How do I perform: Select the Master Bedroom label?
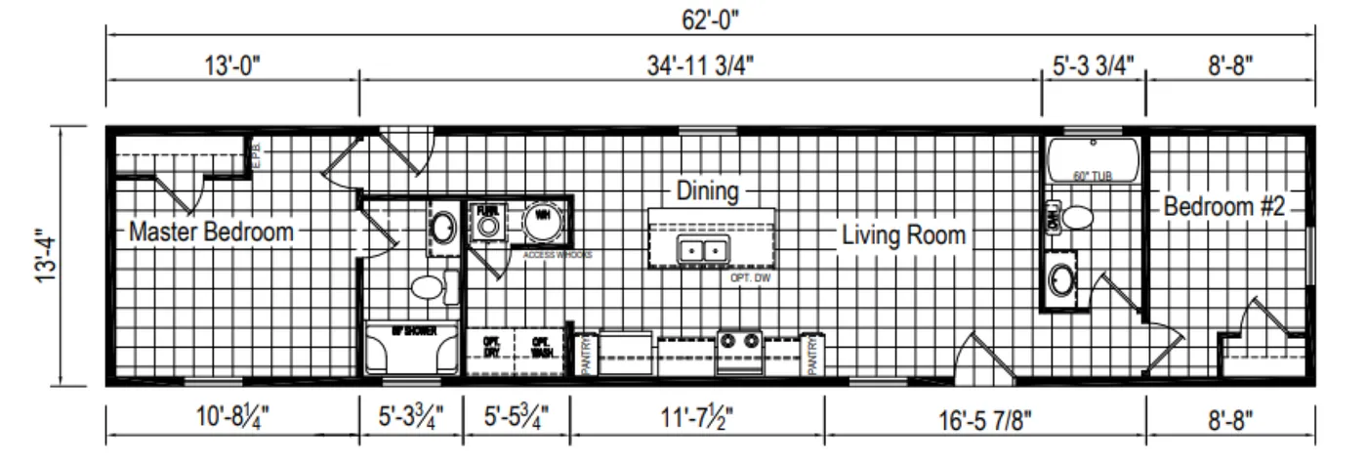click(x=211, y=232)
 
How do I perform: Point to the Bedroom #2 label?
click(x=1223, y=206)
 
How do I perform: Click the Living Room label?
click(x=903, y=234)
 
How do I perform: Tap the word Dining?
click(x=707, y=190)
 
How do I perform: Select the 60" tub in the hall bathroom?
click(x=1093, y=158)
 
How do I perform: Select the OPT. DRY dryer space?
click(x=491, y=346)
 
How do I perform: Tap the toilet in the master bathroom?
click(x=430, y=287)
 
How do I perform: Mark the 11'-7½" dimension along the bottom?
click(x=697, y=418)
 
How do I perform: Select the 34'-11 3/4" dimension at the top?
click(x=699, y=65)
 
